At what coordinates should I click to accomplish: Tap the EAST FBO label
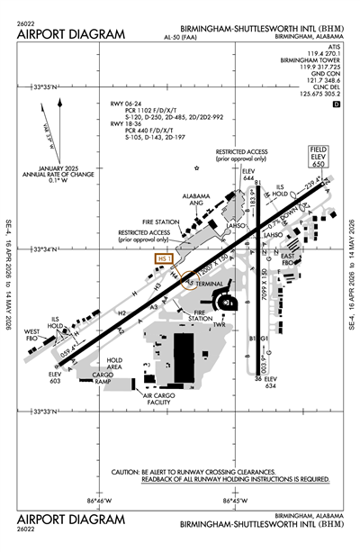pyautogui.click(x=288, y=262)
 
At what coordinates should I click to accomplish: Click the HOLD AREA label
pyautogui.click(x=113, y=365)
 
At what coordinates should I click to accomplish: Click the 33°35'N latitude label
pyautogui.click(x=44, y=86)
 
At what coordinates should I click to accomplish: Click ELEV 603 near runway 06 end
pyautogui.click(x=57, y=378)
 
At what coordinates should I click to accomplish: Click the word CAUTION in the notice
pyautogui.click(x=130, y=471)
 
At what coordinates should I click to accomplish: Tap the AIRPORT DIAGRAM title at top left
pyautogui.click(x=69, y=33)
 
